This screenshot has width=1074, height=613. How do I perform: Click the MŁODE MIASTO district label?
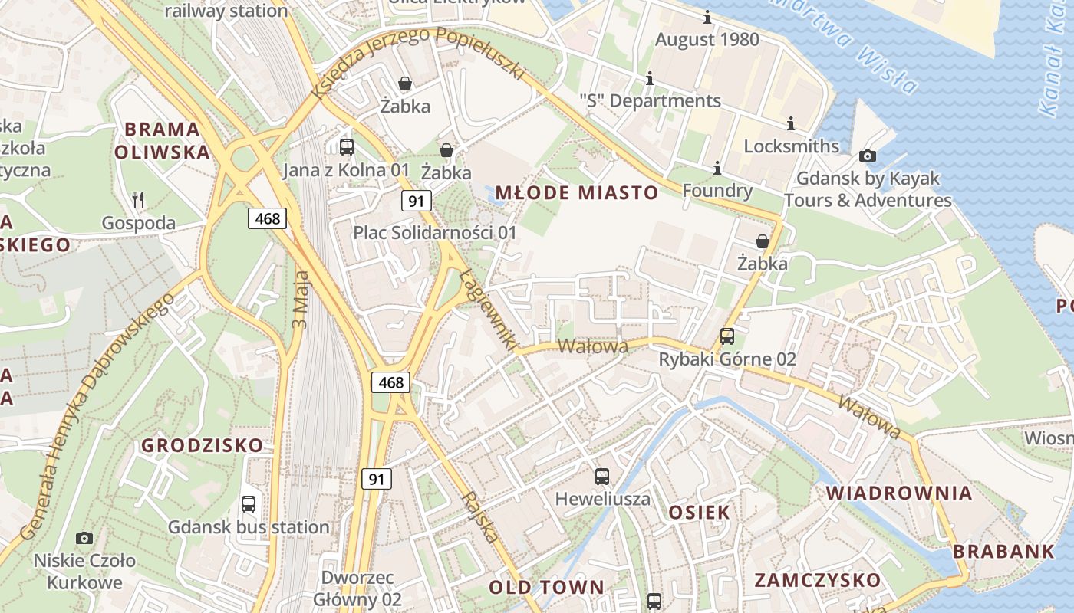click(577, 193)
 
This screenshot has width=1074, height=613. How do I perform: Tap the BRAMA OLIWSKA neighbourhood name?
click(162, 140)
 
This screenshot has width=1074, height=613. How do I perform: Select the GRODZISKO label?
click(203, 445)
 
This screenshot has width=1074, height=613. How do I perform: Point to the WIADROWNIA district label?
click(899, 493)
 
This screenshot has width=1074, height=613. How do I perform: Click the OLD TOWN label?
click(547, 588)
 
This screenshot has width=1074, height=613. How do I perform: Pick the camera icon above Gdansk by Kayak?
click(868, 156)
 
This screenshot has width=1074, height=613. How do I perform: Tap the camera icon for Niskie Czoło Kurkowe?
click(84, 538)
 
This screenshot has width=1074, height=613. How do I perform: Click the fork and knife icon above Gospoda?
click(138, 200)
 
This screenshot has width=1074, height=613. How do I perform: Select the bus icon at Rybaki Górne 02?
click(726, 336)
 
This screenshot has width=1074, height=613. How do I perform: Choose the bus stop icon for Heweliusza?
click(602, 476)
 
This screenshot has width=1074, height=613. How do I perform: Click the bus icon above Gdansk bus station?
click(249, 504)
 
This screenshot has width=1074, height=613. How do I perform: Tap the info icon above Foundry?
click(717, 168)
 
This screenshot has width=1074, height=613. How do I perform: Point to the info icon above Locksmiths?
click(791, 123)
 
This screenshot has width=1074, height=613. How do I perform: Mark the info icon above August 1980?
click(707, 17)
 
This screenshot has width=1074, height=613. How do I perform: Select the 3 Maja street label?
click(300, 299)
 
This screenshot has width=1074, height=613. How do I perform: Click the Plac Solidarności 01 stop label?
click(435, 232)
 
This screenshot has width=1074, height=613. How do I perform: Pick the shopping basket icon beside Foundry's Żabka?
click(762, 241)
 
